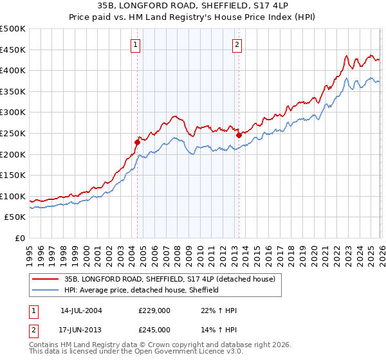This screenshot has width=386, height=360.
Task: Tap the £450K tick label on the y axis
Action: (x=13, y=50)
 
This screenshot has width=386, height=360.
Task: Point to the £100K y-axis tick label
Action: (x=13, y=196)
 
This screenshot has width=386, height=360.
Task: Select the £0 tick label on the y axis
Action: (x=20, y=238)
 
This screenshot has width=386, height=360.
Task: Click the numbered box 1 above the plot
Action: (x=137, y=45)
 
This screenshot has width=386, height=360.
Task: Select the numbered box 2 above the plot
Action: (x=237, y=45)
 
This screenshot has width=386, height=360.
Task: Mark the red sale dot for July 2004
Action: (x=138, y=142)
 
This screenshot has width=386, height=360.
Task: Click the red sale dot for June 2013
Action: (x=239, y=135)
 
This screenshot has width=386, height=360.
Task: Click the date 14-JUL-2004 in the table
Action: (x=81, y=310)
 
